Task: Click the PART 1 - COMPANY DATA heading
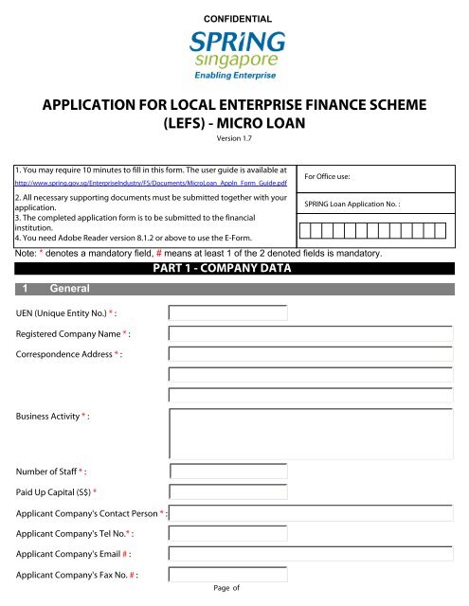[234, 269]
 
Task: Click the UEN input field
[213, 312]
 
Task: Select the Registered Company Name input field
[311, 333]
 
